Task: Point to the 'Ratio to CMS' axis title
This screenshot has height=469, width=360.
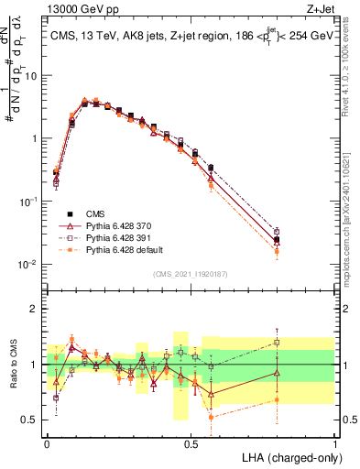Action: click(x=12, y=365)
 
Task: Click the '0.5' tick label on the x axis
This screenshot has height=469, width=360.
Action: click(x=191, y=442)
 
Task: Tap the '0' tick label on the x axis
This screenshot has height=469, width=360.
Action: click(x=47, y=442)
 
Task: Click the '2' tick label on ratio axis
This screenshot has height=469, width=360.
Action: click(x=34, y=309)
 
